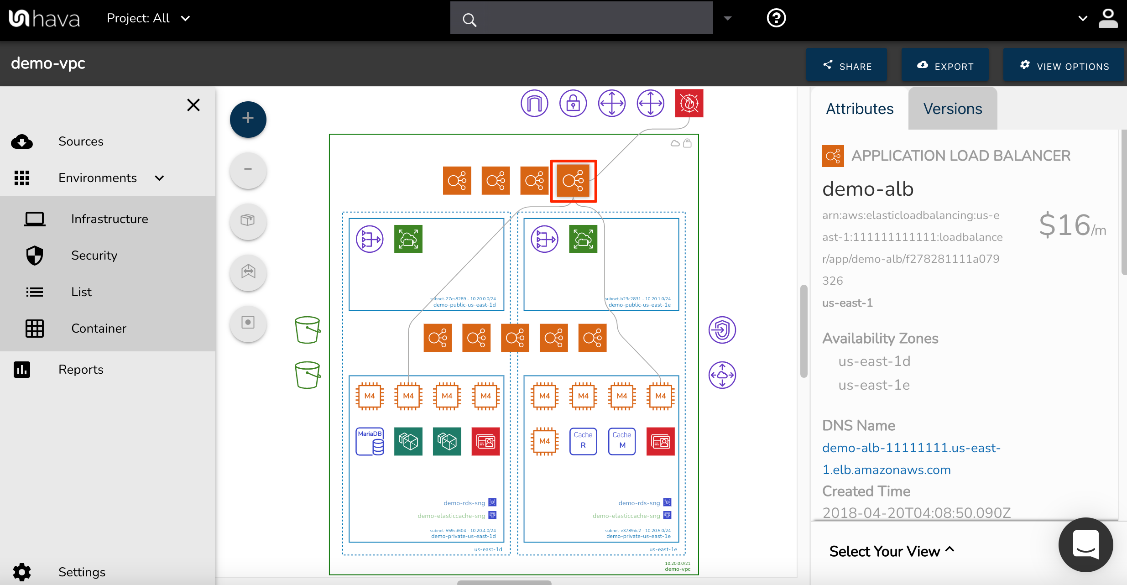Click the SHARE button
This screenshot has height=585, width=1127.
point(846,66)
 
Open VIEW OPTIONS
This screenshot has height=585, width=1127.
point(1064,66)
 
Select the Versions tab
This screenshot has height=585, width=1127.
point(952,109)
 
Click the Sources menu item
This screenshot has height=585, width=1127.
point(81,141)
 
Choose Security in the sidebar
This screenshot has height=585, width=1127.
point(94,256)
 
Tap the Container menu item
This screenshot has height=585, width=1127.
point(99,329)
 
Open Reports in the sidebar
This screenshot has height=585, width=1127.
point(81,370)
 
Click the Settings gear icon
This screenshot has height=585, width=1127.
point(22,572)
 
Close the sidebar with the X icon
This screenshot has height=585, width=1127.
point(193,105)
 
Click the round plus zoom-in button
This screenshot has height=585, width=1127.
point(248,119)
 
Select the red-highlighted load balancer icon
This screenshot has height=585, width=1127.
point(573,181)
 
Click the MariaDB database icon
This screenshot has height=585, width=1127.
point(370,441)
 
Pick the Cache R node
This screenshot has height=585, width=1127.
point(583,441)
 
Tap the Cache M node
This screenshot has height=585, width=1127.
point(622,441)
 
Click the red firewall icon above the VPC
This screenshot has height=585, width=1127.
point(689,103)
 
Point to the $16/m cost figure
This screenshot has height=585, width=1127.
point(1072,225)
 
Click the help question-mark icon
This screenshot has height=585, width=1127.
point(776,18)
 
